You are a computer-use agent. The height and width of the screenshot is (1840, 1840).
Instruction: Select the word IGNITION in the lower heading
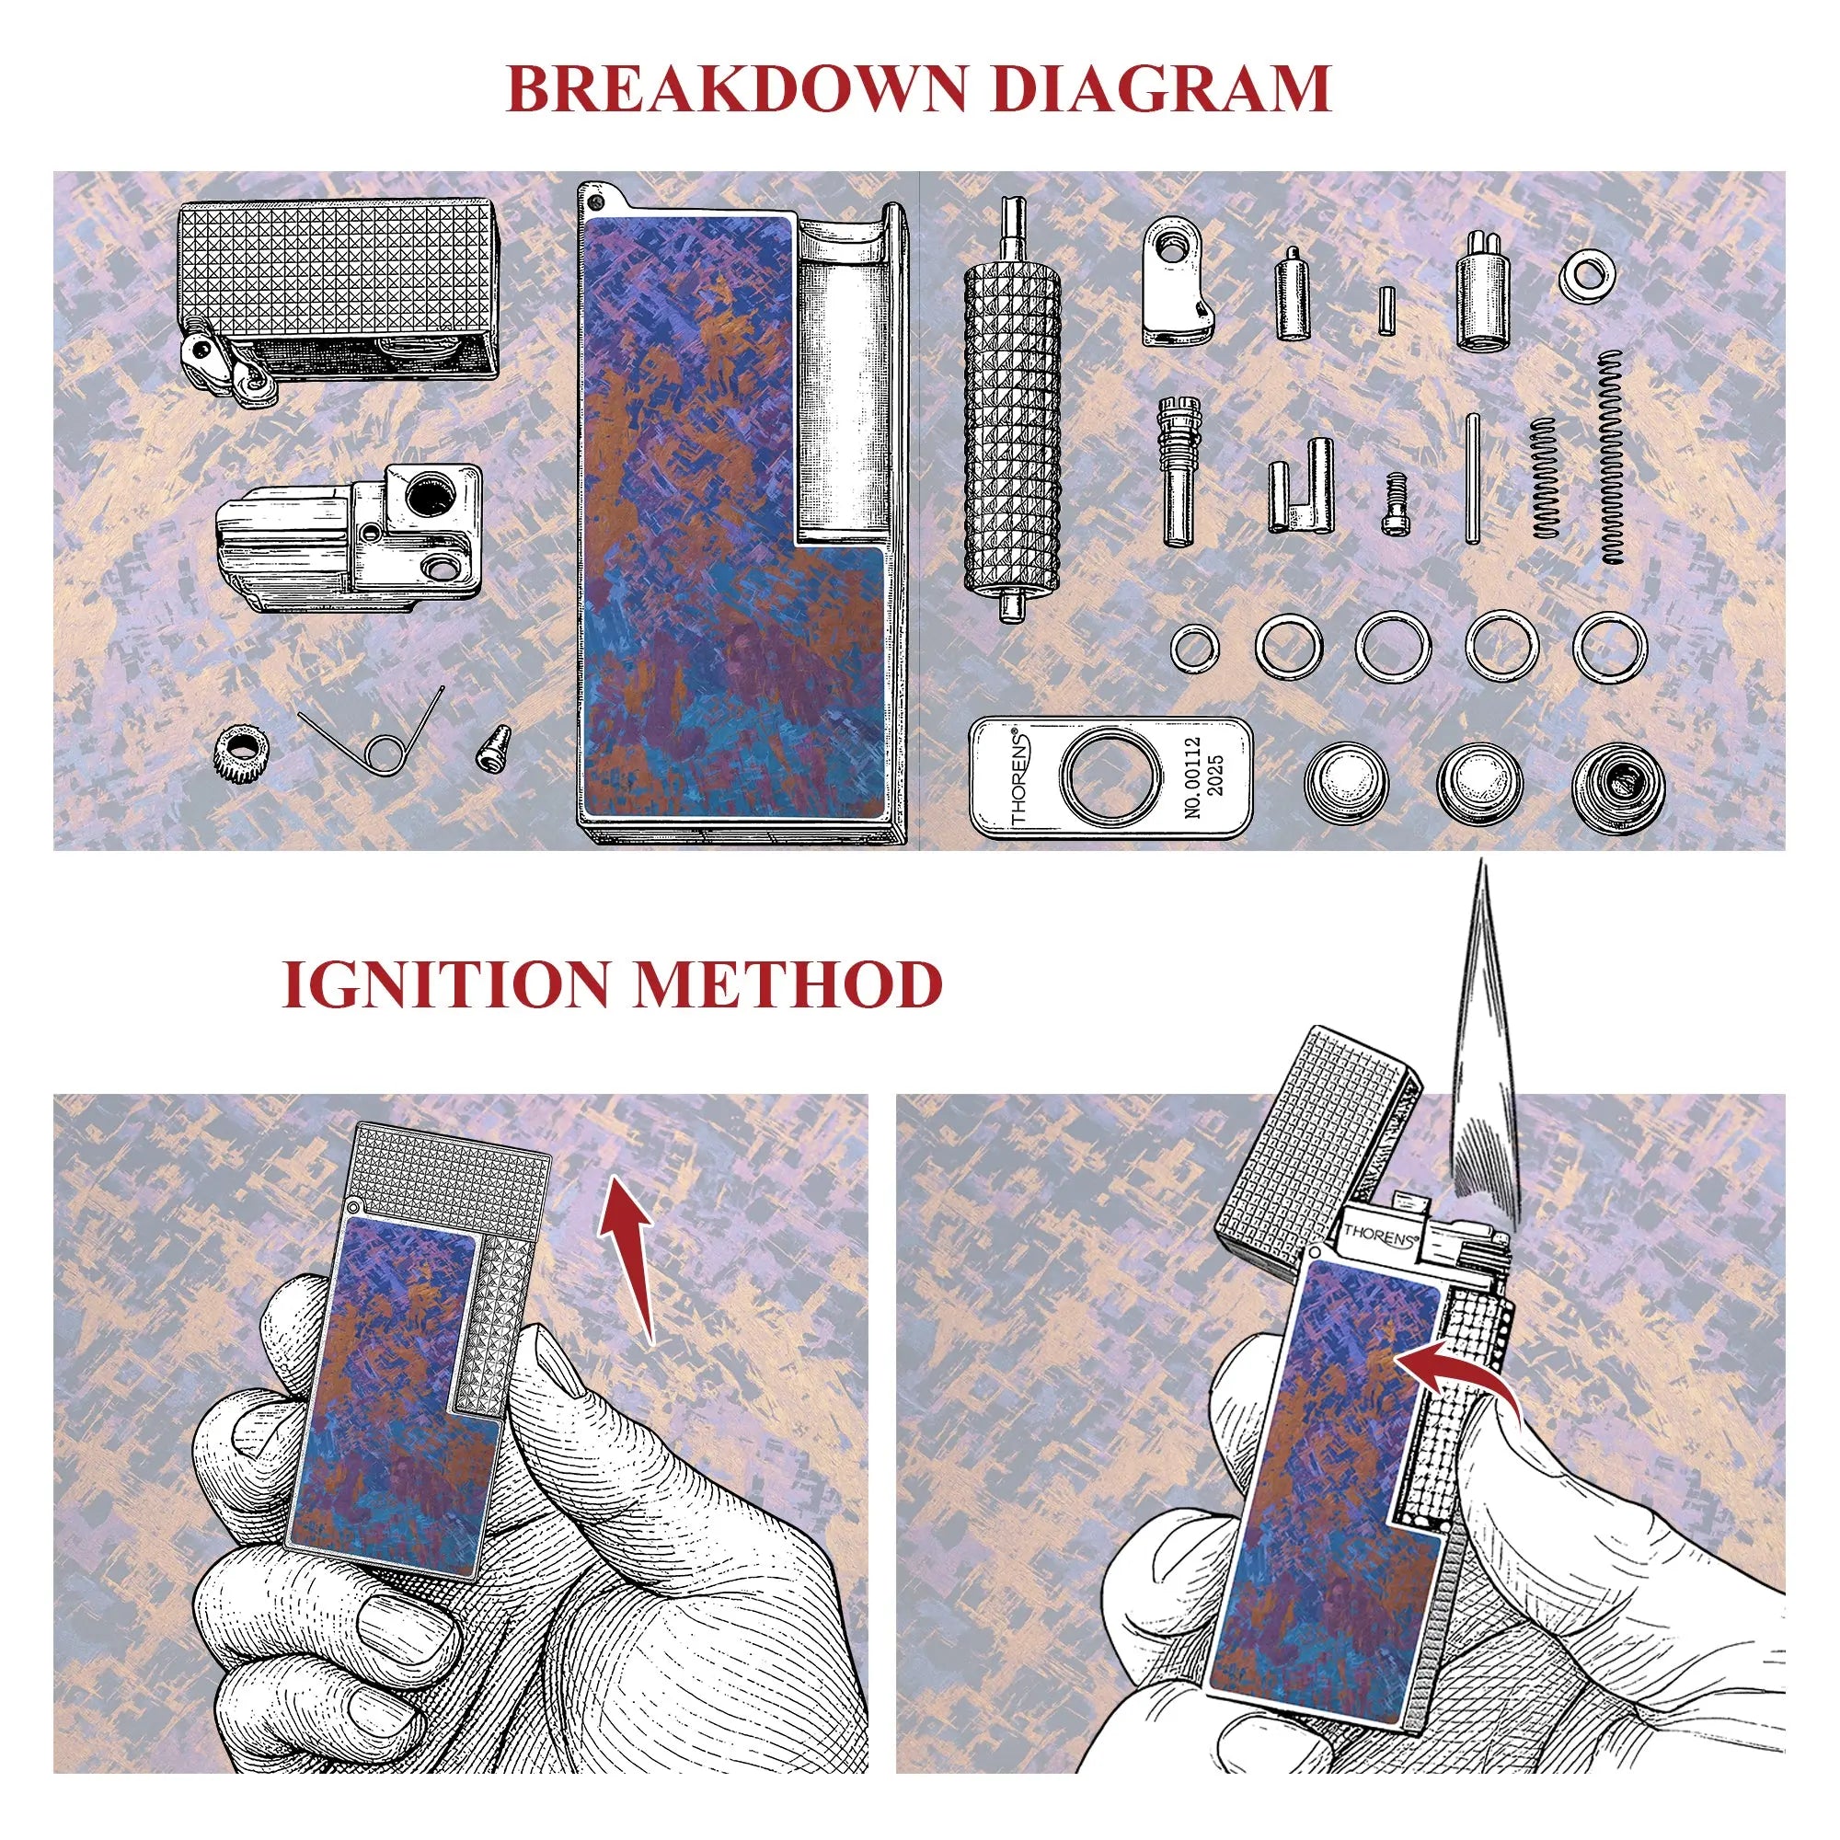pos(445,985)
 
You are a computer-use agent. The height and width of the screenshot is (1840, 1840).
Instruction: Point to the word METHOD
pos(788,985)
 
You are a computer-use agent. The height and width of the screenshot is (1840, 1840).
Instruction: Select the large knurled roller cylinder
pos(1012,410)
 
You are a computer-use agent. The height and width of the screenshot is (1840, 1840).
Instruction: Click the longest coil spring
pos(1611,456)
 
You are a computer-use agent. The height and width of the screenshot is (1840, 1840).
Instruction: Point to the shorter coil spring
pos(1544,477)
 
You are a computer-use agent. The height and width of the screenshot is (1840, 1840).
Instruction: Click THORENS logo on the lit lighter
pos(1380,1238)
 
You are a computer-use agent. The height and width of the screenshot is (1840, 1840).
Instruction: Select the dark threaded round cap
pos(1618,783)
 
